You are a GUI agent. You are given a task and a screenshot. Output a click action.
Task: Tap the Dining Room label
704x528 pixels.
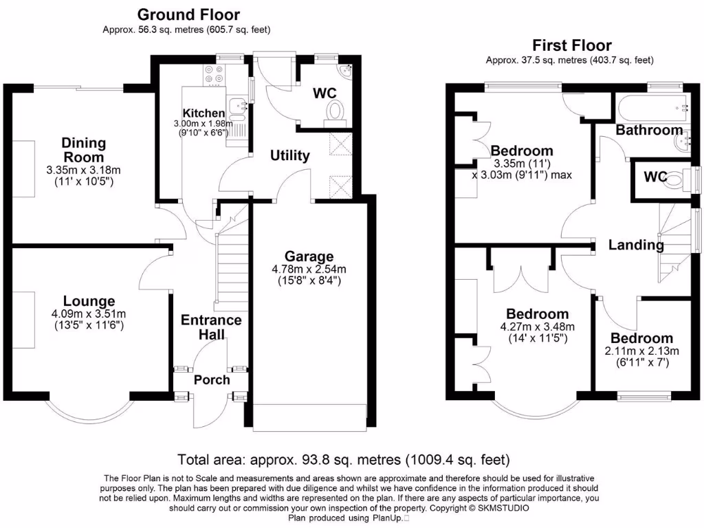(x=84, y=150)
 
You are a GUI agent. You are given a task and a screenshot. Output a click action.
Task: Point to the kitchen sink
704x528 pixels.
(x=238, y=107)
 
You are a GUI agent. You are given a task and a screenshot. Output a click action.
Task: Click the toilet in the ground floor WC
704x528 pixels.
(x=336, y=111)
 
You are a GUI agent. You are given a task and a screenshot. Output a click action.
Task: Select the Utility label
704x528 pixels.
(x=289, y=155)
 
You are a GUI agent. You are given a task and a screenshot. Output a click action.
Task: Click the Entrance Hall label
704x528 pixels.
(x=211, y=327)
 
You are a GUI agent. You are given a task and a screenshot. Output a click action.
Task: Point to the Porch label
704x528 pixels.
(x=211, y=379)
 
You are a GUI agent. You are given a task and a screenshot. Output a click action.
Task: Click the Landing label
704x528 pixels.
(x=636, y=244)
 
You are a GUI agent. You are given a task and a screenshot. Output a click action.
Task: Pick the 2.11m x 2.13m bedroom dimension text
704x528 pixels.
(x=641, y=351)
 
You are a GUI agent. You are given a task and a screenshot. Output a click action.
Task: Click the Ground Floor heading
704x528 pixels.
(x=188, y=14)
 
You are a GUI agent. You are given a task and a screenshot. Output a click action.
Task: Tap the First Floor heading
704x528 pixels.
(x=571, y=45)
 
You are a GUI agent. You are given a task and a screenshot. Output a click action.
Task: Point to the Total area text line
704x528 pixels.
(x=343, y=459)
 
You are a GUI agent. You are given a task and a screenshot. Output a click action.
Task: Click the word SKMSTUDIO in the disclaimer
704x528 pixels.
(x=500, y=509)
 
